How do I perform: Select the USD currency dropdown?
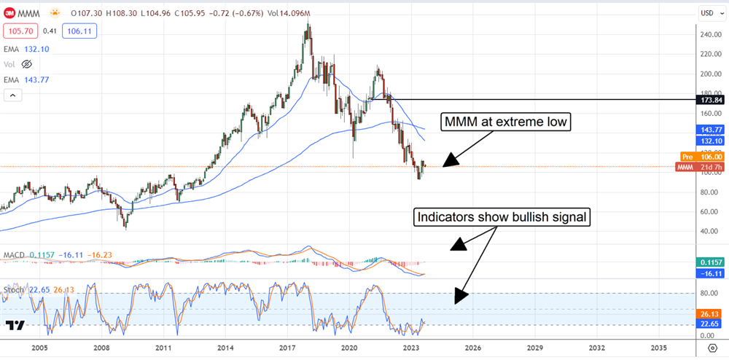tap(709, 12)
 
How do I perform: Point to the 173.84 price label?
tap(708, 99)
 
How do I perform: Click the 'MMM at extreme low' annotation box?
tap(503, 122)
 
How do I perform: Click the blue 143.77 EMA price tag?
tap(708, 129)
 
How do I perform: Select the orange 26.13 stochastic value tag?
tap(708, 309)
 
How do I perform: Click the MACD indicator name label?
tap(15, 255)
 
